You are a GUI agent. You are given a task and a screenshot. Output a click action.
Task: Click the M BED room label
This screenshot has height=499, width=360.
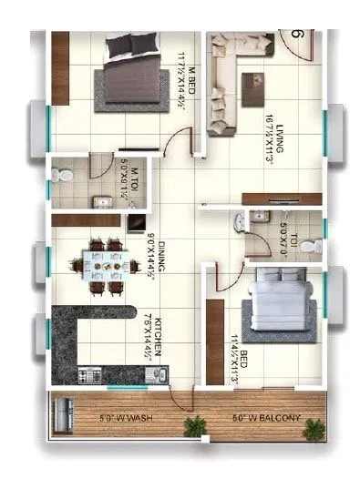coord(183,77)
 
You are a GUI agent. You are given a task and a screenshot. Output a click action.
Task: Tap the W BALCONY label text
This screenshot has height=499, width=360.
coord(266,419)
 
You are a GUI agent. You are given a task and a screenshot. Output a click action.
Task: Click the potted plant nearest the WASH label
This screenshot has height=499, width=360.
coord(195,425)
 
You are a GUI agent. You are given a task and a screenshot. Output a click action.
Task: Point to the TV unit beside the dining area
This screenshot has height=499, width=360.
coord(135,221)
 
